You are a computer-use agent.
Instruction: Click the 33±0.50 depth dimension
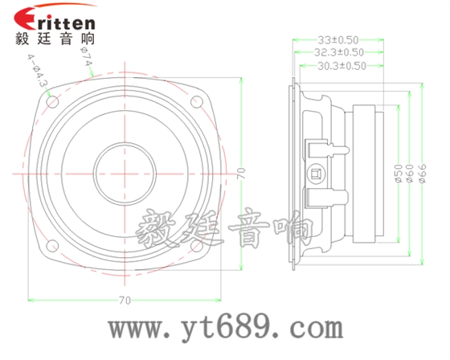(337, 39)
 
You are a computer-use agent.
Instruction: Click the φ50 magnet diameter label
(397, 172)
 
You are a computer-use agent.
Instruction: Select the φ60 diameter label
(409, 172)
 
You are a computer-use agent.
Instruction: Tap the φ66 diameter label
(422, 172)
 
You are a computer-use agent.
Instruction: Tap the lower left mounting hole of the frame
(51, 245)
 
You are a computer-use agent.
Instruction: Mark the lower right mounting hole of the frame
(195, 245)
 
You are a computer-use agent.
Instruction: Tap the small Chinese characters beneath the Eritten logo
(55, 38)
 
